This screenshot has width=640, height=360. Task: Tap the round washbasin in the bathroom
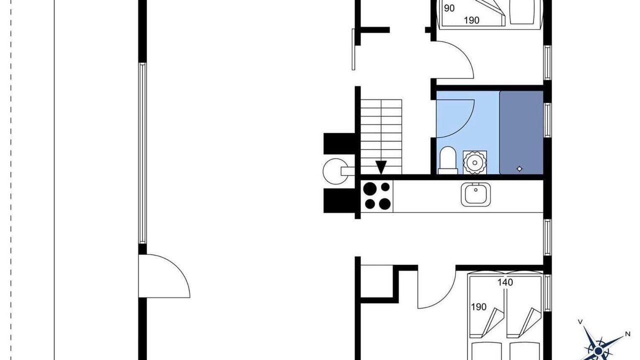pyautogui.click(x=475, y=163)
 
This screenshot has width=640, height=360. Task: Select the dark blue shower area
pyautogui.click(x=521, y=132)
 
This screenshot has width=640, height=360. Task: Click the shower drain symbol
pyautogui.click(x=519, y=169)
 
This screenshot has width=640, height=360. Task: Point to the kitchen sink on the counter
pyautogui.click(x=475, y=194)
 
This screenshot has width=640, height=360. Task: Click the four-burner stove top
pyautogui.click(x=377, y=196)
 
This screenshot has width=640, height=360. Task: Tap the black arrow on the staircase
pyautogui.click(x=381, y=167)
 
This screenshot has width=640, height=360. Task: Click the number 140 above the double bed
pyautogui.click(x=505, y=282)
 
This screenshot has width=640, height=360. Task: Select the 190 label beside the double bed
pyautogui.click(x=478, y=307)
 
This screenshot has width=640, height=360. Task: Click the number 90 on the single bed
pyautogui.click(x=449, y=8)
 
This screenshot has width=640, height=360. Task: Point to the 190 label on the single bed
pyautogui.click(x=471, y=20)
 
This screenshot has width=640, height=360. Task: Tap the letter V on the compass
pyautogui.click(x=580, y=321)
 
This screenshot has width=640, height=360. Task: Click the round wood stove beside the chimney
pyautogui.click(x=336, y=171)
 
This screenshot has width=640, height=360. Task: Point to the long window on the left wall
pyautogui.click(x=142, y=153)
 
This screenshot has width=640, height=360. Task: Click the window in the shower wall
pyautogui.click(x=547, y=120)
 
